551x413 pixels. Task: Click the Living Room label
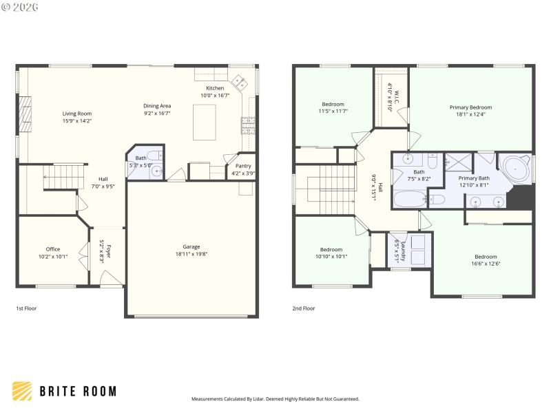(76, 113)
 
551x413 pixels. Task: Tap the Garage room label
(191, 246)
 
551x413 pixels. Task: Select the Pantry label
(243, 166)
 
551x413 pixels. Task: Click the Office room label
(53, 249)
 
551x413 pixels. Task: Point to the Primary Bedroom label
(470, 107)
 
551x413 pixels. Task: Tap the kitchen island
(205, 122)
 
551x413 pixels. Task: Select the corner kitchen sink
(240, 83)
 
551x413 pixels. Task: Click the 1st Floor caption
(27, 308)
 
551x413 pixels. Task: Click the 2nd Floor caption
(304, 308)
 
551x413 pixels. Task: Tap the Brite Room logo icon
(22, 391)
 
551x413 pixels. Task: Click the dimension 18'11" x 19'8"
(191, 253)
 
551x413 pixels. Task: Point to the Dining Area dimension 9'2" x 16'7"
(156, 113)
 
